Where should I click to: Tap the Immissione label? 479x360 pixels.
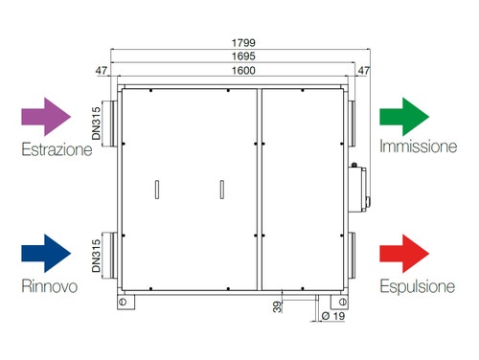tap(419, 147)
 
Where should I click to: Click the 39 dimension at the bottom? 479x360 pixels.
tap(276, 307)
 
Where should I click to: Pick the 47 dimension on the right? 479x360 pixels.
tap(363, 71)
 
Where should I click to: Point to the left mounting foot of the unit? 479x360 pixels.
tap(125, 302)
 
